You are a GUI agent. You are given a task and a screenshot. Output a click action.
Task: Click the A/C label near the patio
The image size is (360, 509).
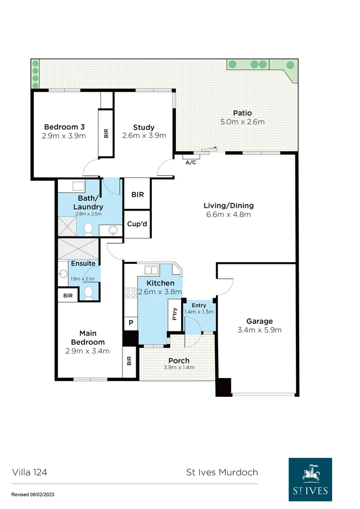pyautogui.click(x=191, y=163)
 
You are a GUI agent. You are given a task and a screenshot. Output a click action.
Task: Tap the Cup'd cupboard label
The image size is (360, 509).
pyautogui.click(x=137, y=224)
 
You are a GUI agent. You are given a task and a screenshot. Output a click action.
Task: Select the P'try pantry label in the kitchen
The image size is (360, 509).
pyautogui.click(x=175, y=314)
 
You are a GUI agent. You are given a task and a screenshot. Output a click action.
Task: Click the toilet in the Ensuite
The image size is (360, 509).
pyautogui.click(x=88, y=293)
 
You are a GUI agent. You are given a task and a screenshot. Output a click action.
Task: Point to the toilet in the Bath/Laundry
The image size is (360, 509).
pyautogui.click(x=88, y=229)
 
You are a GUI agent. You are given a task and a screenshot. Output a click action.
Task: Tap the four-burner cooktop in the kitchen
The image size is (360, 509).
pyautogui.click(x=131, y=292)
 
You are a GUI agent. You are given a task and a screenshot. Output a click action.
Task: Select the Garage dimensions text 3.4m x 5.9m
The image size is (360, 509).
pyautogui.click(x=260, y=330)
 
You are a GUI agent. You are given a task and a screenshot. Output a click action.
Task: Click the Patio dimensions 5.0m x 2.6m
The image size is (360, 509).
pyautogui.click(x=242, y=122)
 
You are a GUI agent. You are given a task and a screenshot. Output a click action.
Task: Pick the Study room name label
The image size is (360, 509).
pyautogui.click(x=144, y=127)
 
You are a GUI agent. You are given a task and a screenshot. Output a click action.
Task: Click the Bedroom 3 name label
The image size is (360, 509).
pyautogui.click(x=64, y=127)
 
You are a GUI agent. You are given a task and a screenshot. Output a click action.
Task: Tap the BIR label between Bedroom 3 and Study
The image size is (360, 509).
pyautogui.click(x=106, y=133)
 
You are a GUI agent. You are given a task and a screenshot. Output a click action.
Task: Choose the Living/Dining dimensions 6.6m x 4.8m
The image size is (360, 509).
pyautogui.click(x=229, y=214)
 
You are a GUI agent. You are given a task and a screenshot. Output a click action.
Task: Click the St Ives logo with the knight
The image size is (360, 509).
pyautogui.click(x=310, y=480)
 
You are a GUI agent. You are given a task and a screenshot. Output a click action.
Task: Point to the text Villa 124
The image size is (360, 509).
pyautogui.click(x=29, y=472)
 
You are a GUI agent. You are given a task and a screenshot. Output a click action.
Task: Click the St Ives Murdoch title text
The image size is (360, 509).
pyautogui.click(x=221, y=472)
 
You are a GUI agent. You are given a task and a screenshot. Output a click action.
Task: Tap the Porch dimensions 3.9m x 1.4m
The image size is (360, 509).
pyautogui.click(x=179, y=368)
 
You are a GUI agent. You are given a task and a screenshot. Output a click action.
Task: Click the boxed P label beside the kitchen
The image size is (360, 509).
pyautogui.click(x=131, y=323)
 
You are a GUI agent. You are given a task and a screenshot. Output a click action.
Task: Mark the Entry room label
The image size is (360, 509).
pyautogui.click(x=199, y=305)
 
